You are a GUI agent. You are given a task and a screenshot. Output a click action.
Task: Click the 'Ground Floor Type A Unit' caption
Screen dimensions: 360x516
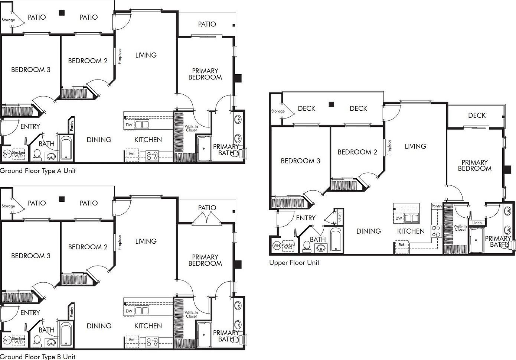pos(37,171)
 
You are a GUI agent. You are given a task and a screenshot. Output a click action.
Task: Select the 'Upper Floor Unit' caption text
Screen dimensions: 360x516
pos(294,263)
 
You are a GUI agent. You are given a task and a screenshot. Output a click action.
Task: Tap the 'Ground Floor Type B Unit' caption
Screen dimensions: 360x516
pos(37,357)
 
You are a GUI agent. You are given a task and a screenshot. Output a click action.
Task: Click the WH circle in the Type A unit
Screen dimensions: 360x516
pos(7,154)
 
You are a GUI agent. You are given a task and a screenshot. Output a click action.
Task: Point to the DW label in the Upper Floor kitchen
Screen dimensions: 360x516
pos(398,218)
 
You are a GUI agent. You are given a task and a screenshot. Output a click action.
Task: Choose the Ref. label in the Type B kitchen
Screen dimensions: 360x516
pos(132,340)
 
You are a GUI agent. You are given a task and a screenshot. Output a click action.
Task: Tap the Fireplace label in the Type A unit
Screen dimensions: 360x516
pos(120,56)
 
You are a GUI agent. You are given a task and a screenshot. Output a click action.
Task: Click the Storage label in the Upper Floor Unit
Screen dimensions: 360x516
pos(278,111)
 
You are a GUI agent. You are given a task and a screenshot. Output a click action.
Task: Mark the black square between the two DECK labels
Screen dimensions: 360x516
pos(332,104)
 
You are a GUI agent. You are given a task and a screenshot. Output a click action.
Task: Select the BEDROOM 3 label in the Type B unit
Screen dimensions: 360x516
pos(30,256)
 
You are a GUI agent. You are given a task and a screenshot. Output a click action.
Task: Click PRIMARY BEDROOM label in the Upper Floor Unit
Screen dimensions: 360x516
pos(474,165)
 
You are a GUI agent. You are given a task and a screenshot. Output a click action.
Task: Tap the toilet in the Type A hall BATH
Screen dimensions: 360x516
pos(37,155)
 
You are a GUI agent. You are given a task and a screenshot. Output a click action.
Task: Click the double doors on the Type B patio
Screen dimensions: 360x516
pos(207,218)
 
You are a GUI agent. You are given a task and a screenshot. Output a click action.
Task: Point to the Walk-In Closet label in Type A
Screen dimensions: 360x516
pos(192,129)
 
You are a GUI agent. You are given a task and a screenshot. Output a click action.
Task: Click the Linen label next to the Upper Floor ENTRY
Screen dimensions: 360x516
pos(339,217)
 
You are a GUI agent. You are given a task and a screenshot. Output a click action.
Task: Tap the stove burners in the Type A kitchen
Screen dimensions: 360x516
pos(152,156)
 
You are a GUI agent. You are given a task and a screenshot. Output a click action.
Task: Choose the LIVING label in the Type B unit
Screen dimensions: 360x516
pos(146,241)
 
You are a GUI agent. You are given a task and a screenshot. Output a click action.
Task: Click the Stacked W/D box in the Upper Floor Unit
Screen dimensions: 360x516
pos(288,246)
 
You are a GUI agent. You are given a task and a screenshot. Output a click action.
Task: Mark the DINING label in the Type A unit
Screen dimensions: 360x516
pos(99,140)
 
